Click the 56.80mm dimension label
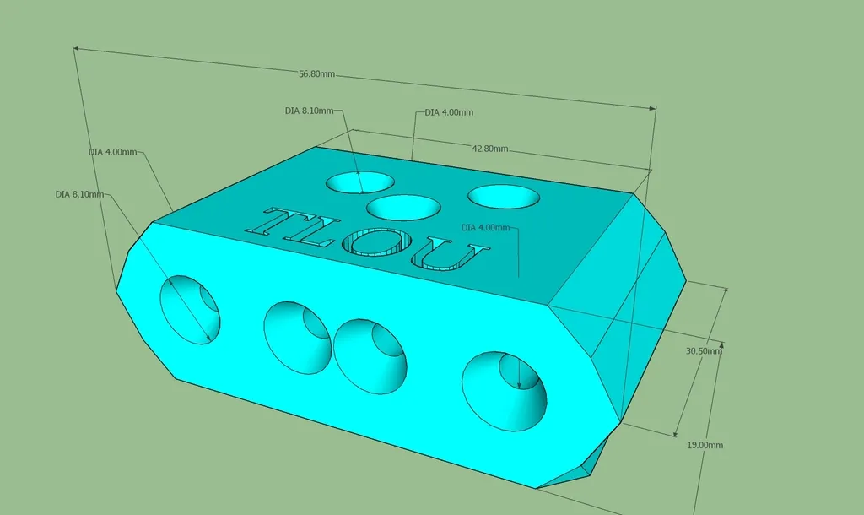(316, 74)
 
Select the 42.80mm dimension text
(490, 149)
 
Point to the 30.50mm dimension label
(704, 350)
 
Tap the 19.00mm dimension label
(705, 445)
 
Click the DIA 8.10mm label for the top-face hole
(309, 111)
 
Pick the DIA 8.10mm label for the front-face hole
(79, 194)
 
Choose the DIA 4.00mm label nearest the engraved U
(485, 227)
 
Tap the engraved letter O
(375, 242)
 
